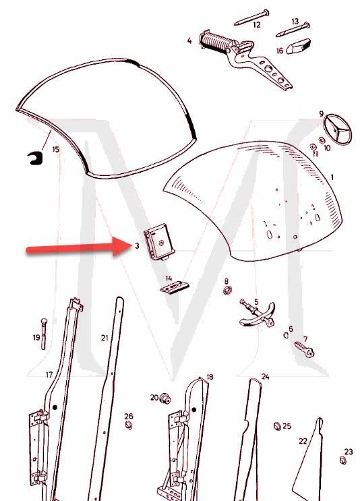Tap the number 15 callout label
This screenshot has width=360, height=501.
(x=56, y=148)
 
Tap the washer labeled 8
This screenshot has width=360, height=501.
(x=227, y=291)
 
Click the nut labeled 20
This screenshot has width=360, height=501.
(x=165, y=399)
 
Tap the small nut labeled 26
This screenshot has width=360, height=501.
(x=128, y=426)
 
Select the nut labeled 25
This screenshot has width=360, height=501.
(x=276, y=426)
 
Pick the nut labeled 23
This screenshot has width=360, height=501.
(x=342, y=461)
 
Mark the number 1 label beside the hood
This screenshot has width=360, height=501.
(x=332, y=177)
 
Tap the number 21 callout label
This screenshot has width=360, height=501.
(x=104, y=337)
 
